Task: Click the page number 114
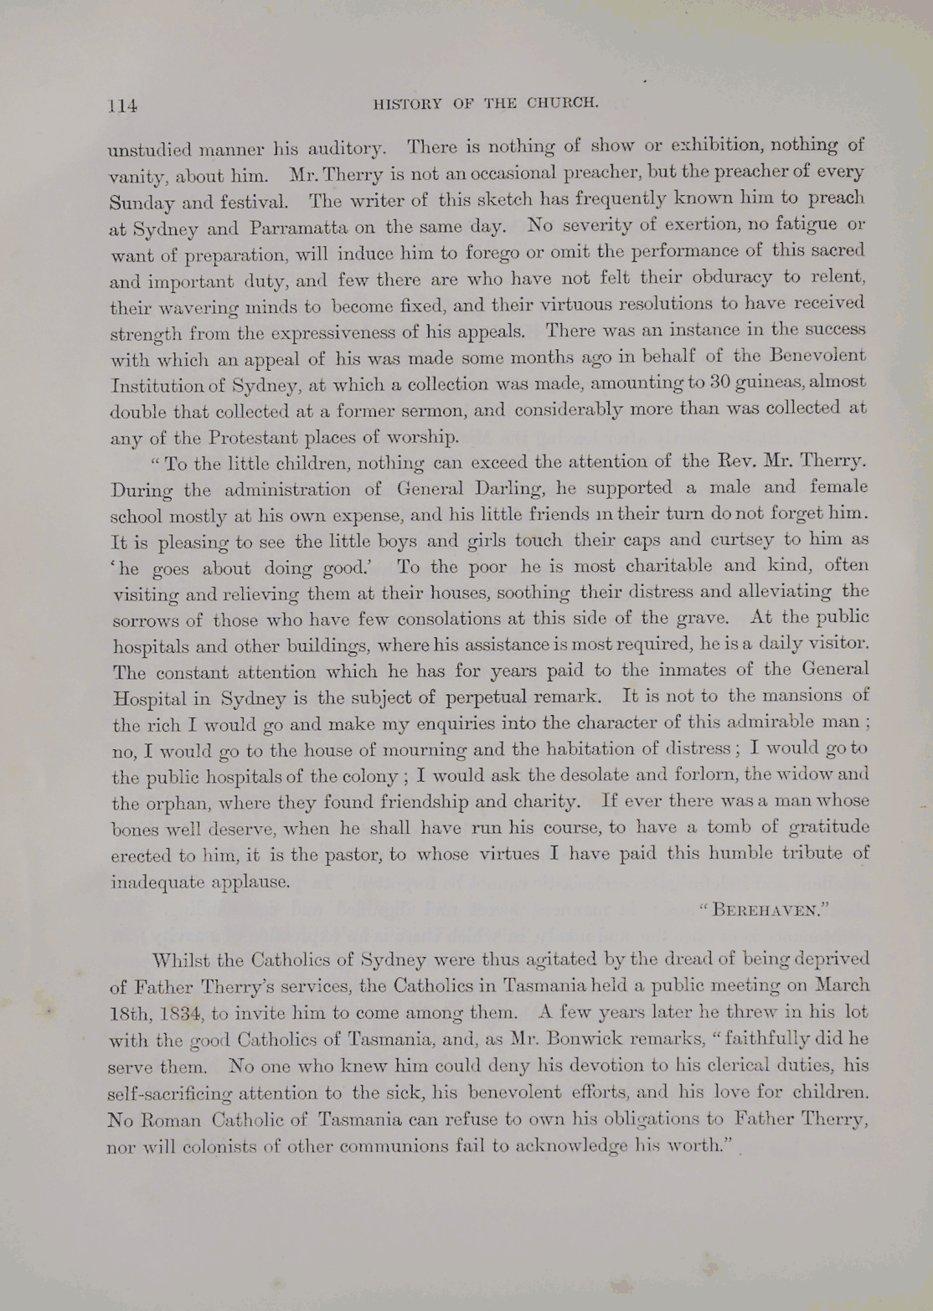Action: click(122, 105)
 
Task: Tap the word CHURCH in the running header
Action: click(563, 103)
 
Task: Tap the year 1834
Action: click(176, 1013)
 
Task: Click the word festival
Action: click(255, 202)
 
